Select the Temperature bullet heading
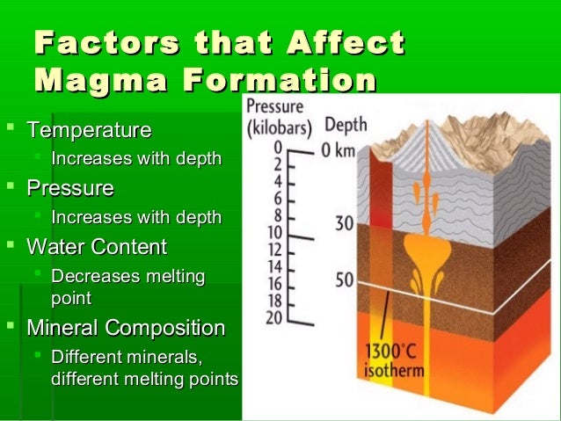(89, 131)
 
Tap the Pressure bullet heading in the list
(70, 188)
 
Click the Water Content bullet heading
(97, 246)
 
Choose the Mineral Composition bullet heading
(126, 328)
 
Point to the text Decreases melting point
(127, 287)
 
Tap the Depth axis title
(346, 124)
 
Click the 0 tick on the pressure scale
(278, 146)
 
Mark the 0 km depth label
(338, 149)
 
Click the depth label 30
(345, 224)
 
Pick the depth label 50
(345, 280)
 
